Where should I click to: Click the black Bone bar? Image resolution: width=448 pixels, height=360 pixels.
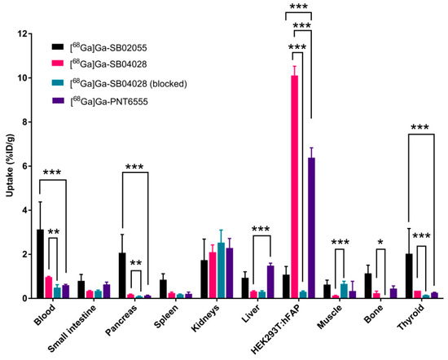coord(367,286)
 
